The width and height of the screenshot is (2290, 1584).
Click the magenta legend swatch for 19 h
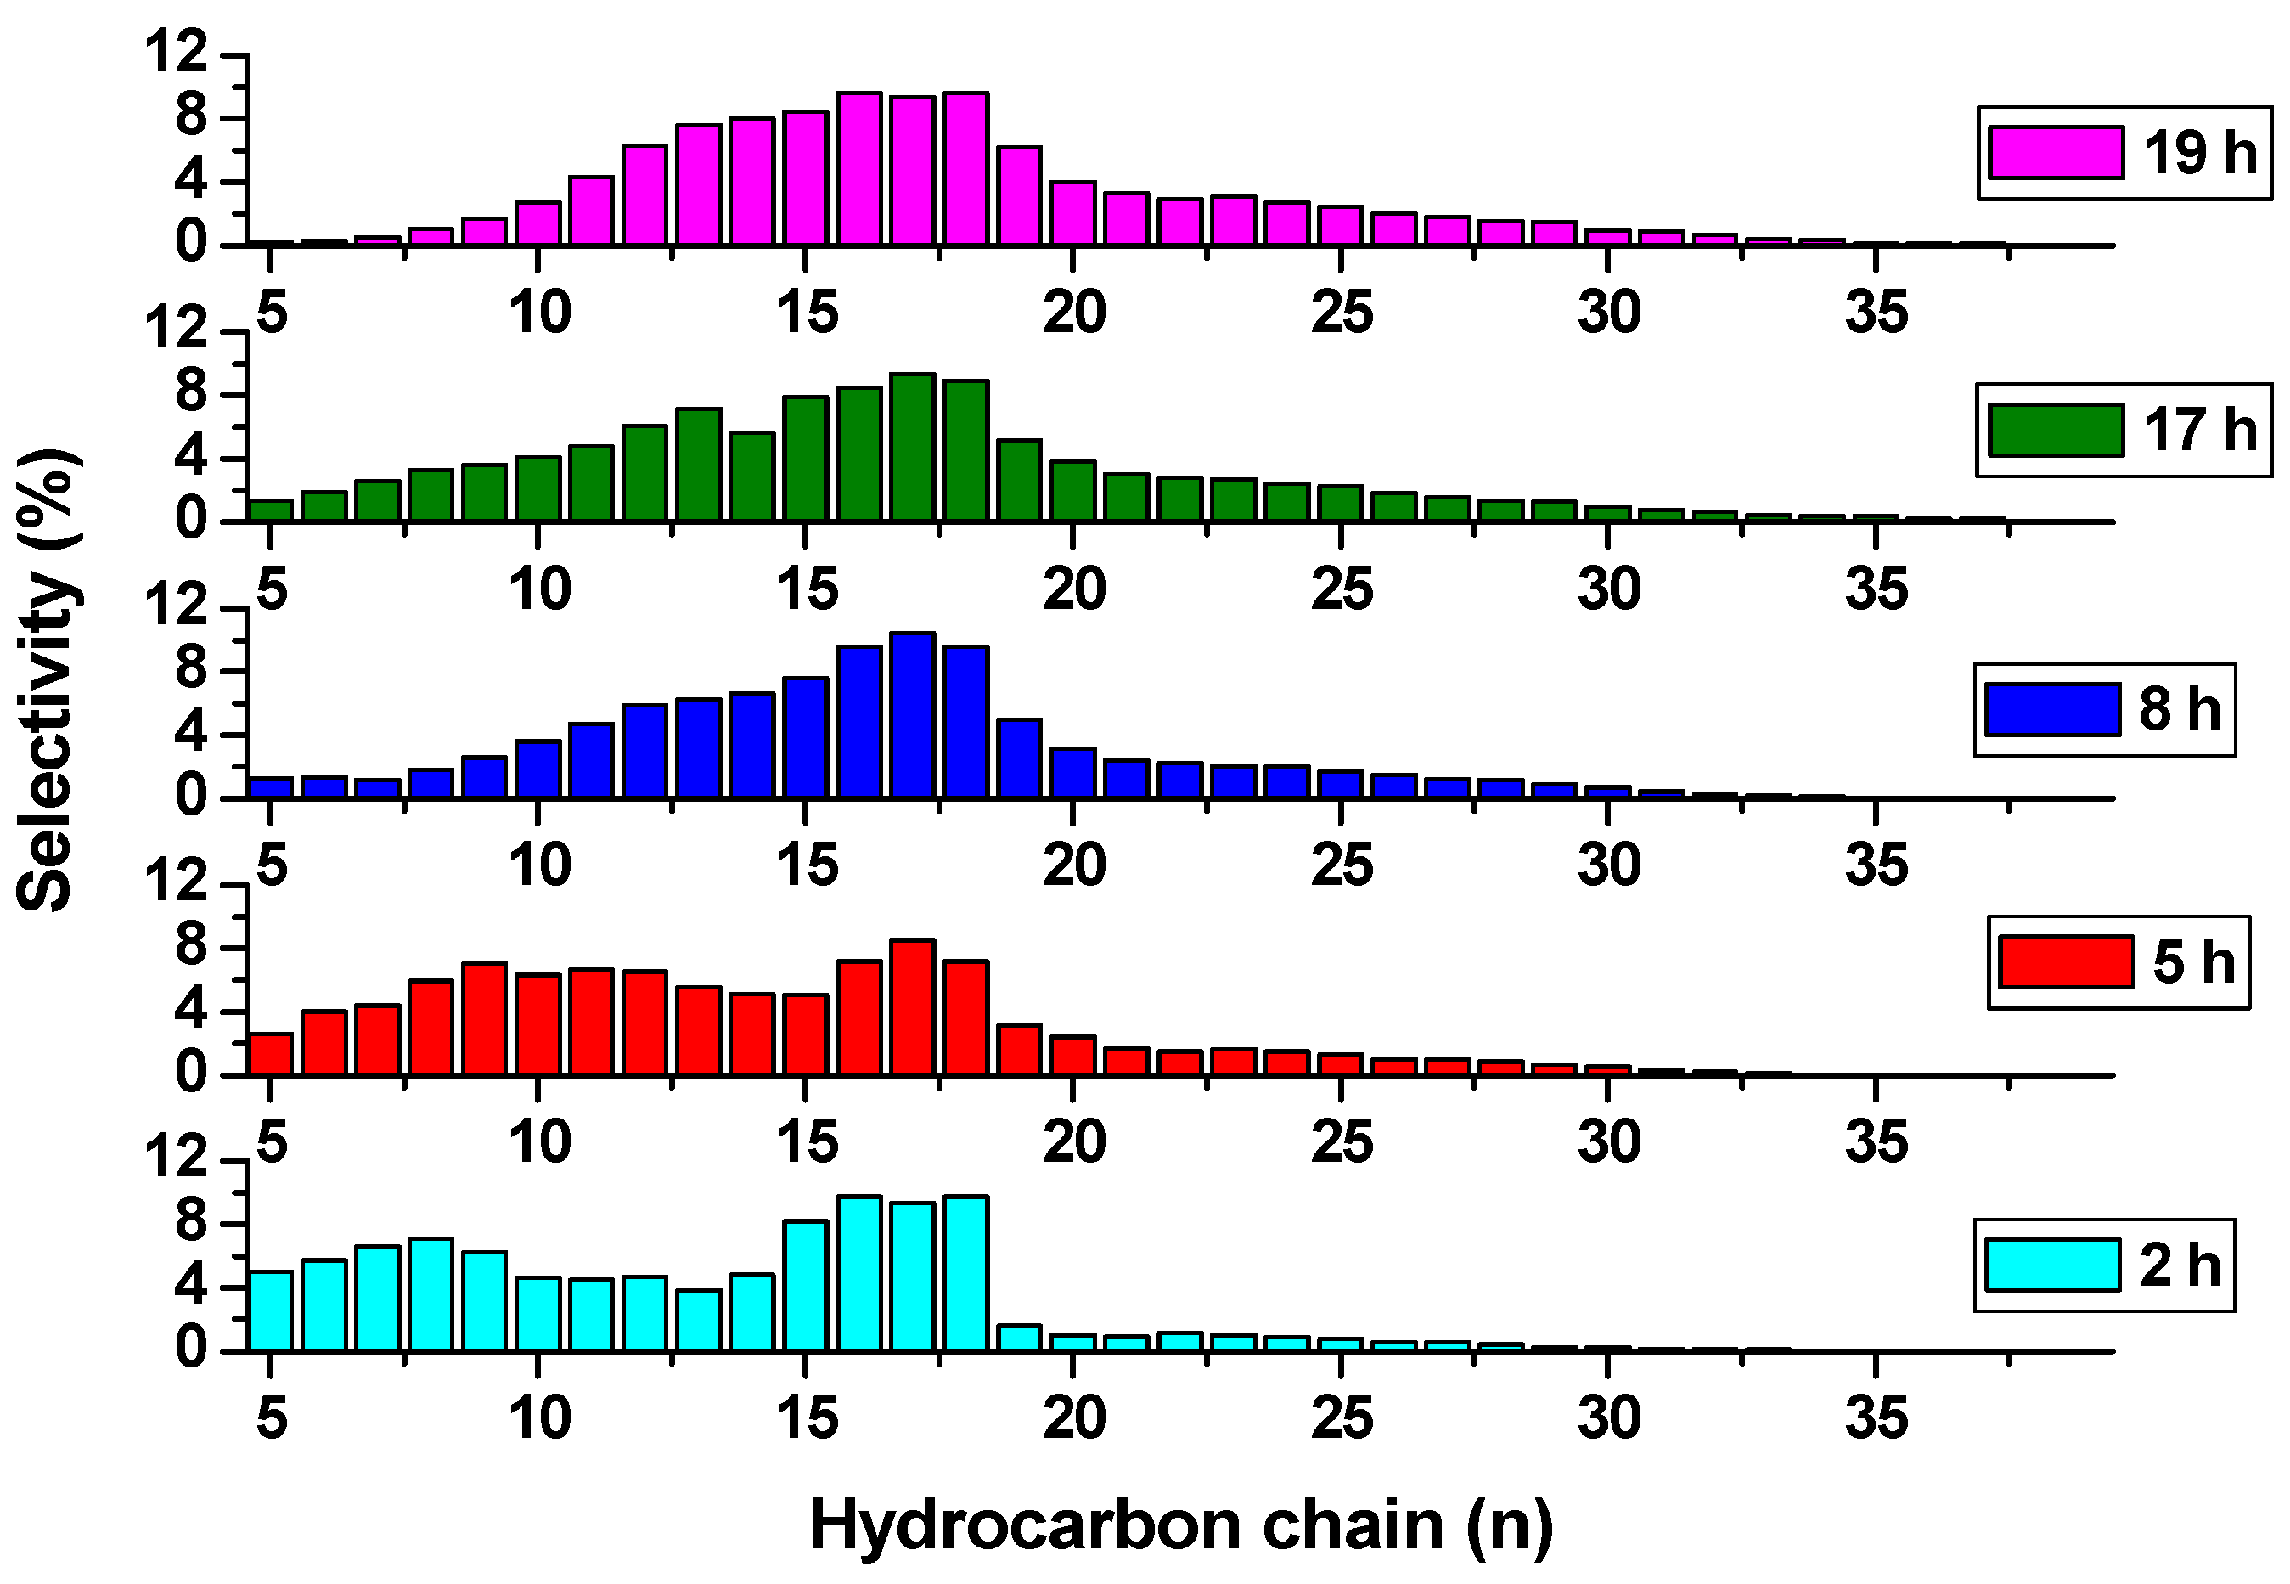[x=2055, y=153]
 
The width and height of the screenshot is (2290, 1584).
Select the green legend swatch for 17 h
[x=2055, y=430]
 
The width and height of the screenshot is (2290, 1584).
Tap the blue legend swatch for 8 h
[x=2052, y=710]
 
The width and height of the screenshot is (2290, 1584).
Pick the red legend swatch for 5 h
[x=2067, y=961]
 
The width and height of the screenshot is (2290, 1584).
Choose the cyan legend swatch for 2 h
[x=2052, y=1266]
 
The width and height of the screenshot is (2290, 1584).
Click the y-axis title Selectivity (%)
[x=47, y=679]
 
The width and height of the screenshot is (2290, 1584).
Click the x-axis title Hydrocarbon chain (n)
[x=1181, y=1525]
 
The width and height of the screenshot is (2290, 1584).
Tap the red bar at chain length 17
[x=912, y=1006]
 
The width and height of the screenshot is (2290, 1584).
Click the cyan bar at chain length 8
[x=430, y=1294]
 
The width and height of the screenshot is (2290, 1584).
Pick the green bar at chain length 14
[x=751, y=476]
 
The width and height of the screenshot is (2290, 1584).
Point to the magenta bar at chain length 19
[x=1019, y=195]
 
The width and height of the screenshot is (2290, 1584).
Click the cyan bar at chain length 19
[x=1019, y=1337]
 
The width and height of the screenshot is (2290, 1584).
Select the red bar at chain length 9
[x=484, y=1018]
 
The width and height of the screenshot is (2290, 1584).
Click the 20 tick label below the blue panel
[x=1073, y=865]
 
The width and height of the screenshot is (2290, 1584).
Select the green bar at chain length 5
[x=270, y=510]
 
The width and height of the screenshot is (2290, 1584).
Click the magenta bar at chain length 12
[x=644, y=194]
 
